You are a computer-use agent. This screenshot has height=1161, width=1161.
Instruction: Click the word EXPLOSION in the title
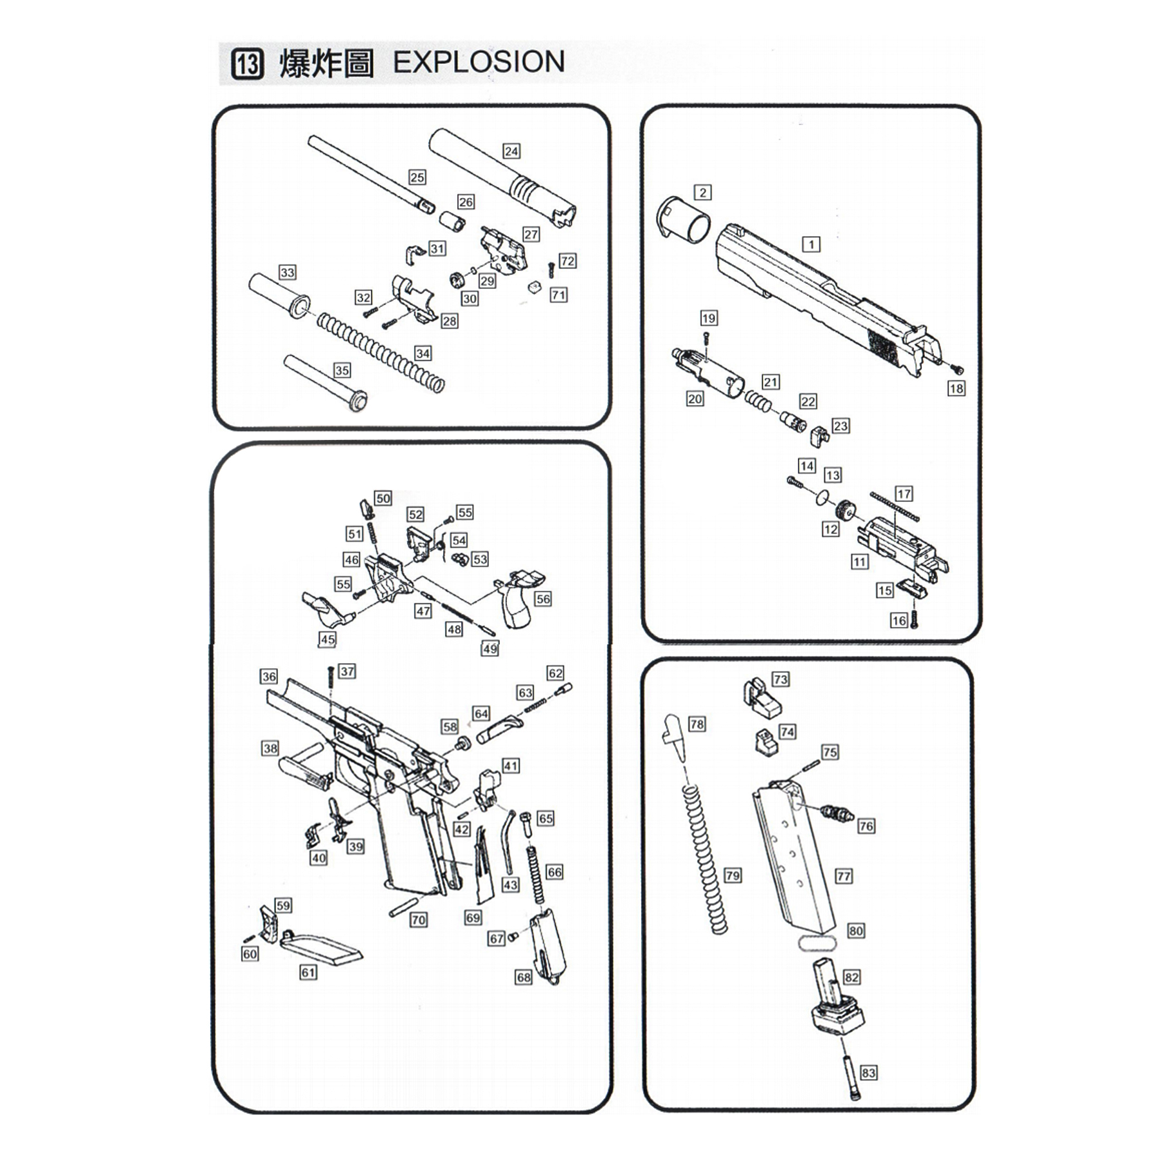coord(479,63)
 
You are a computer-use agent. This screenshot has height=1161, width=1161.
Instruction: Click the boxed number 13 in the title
coord(248,64)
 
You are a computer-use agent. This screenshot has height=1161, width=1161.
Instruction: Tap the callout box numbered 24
coord(511,151)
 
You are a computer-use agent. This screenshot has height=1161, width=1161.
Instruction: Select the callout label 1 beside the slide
coord(811,244)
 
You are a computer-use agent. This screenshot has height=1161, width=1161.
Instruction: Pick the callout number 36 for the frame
coord(269,676)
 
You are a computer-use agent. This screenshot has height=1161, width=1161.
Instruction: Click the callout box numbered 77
coord(844,876)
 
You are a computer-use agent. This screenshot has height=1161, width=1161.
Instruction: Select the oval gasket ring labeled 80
coord(817,942)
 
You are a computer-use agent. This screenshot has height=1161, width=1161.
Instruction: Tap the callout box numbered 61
coord(308,972)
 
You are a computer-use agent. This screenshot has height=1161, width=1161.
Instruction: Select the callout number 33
coord(287,272)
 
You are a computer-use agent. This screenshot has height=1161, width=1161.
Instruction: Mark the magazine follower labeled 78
coord(674,735)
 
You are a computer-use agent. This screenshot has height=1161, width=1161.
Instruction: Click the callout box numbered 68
coord(523,977)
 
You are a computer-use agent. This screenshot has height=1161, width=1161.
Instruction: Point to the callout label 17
coord(904,493)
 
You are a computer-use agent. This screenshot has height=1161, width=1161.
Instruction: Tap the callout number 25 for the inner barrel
coord(417,177)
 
